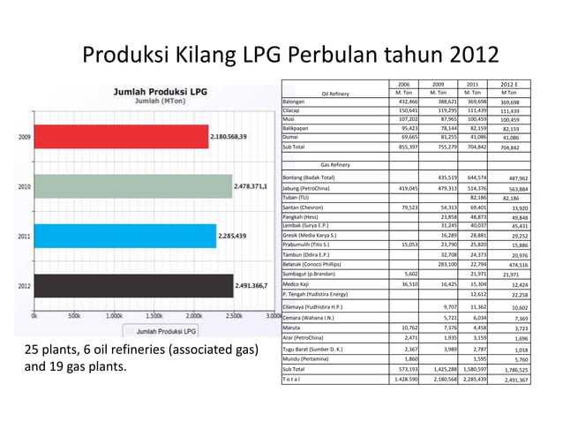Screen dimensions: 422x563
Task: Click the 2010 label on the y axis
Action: click(24, 187)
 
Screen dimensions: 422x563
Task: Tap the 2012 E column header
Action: click(509, 85)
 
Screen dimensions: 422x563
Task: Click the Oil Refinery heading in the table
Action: click(335, 93)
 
